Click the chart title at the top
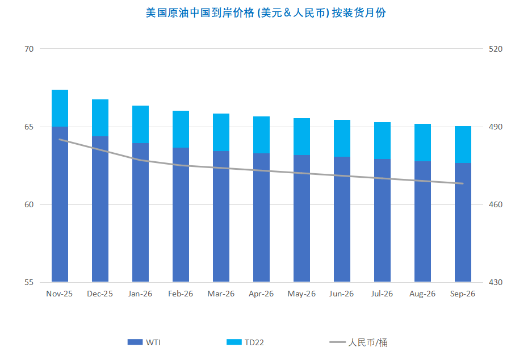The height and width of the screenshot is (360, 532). pos(266,12)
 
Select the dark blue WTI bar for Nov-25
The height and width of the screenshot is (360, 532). pos(60,204)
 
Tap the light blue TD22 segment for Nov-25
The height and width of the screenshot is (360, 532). pos(60,108)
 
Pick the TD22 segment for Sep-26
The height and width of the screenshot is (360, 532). pos(463,144)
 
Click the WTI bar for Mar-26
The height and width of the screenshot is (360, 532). pos(221,216)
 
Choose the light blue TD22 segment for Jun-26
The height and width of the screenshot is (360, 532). pos(342,138)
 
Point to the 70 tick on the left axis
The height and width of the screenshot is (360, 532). pos(29,49)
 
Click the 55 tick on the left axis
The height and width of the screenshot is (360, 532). pos(29,282)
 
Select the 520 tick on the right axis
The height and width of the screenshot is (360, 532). pos(496,49)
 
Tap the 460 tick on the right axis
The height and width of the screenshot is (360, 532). pos(496,204)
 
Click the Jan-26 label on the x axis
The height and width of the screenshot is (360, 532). pos(140,294)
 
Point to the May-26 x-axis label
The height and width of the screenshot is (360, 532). pos(301,294)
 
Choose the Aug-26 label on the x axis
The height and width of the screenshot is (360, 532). pos(422,294)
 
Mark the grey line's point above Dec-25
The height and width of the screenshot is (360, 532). pos(100,150)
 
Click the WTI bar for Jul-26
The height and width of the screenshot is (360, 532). pos(382,220)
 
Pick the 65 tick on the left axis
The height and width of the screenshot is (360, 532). pos(29,127)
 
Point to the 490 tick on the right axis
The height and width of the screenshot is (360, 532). pos(496,127)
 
